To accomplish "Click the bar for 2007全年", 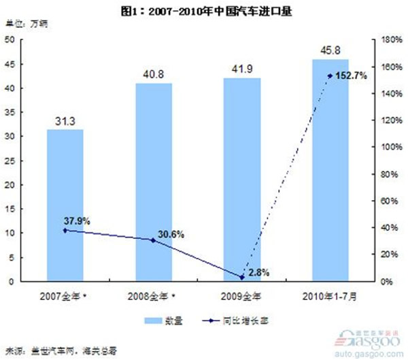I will click(65, 204).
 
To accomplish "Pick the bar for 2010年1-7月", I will click(330, 169).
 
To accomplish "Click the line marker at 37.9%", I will click(65, 230).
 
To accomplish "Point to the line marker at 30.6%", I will click(153, 240).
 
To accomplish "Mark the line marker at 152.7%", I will click(330, 76).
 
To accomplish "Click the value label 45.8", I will click(330, 50).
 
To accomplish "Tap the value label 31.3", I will click(65, 121).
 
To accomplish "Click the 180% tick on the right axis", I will click(386, 39).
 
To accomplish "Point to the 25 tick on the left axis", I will click(11, 161).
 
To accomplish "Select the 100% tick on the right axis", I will click(386, 147).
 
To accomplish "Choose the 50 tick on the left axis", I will click(11, 39).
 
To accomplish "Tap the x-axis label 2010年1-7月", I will click(330, 295).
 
